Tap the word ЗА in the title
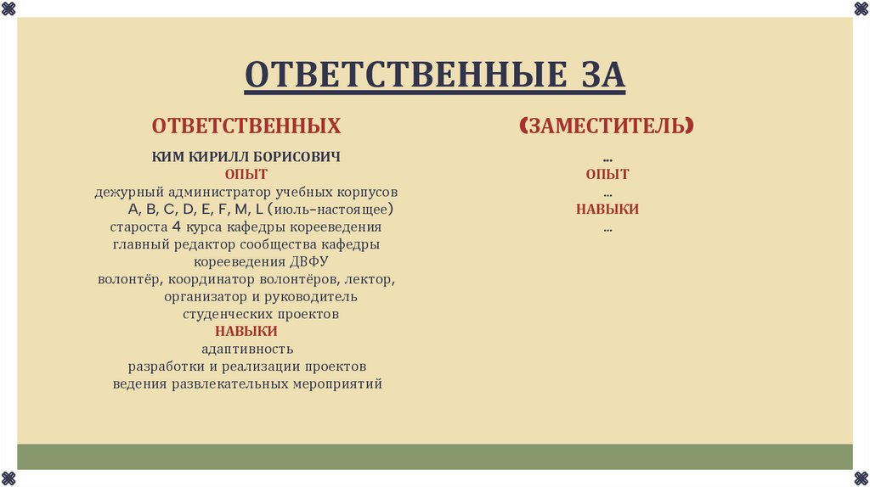click(592, 76)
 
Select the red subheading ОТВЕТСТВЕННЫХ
click(246, 126)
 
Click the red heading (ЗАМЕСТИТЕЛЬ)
click(607, 126)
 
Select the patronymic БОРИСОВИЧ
click(299, 157)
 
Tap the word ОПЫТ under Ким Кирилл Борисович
click(246, 175)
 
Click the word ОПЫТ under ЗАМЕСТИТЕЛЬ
click(607, 175)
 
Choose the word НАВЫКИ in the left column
click(246, 331)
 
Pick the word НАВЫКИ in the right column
click(607, 209)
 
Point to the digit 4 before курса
click(176, 227)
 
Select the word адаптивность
click(247, 349)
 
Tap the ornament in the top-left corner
click(8, 8)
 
